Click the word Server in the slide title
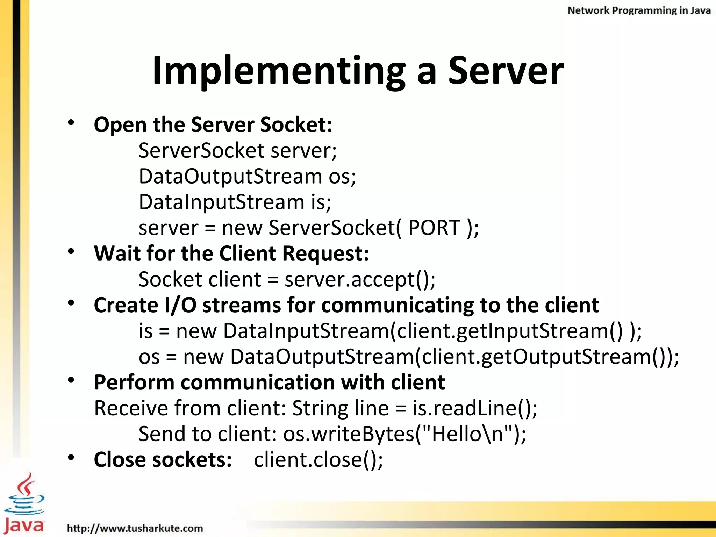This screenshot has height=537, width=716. tap(506, 71)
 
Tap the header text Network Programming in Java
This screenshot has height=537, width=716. tap(639, 10)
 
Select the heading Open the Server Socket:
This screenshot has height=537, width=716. tap(213, 125)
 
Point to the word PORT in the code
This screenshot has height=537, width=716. tap(434, 228)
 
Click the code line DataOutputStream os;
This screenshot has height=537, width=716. tap(247, 176)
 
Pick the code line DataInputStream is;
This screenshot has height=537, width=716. tap(235, 202)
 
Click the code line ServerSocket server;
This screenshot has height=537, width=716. tap(237, 151)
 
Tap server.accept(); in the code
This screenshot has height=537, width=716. tap(360, 280)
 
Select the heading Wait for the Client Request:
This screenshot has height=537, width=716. tap(231, 253)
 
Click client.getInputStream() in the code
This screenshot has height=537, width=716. tap(510, 331)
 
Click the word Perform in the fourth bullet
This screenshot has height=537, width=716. tap(134, 382)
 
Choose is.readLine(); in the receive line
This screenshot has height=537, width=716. tap(475, 408)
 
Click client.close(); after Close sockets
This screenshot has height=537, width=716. tap(318, 460)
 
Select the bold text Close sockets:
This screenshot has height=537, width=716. tap(163, 460)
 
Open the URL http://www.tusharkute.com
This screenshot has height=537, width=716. tap(135, 528)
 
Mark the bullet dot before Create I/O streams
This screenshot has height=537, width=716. tap(71, 303)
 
